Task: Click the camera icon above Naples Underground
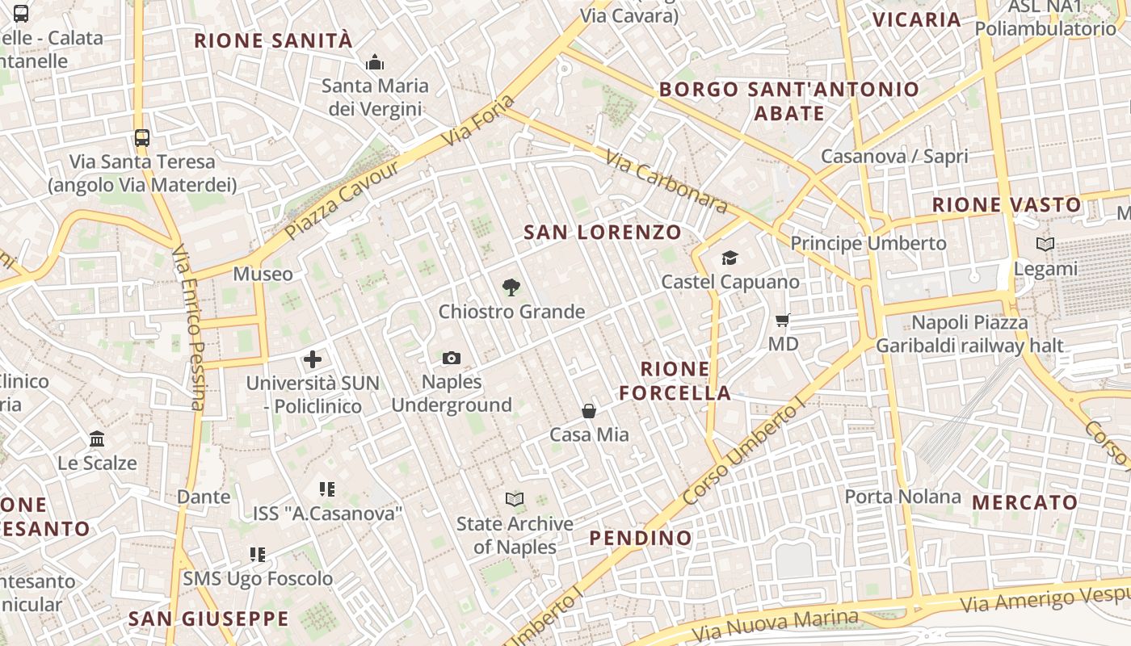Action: [452, 358]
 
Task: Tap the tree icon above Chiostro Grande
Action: [511, 287]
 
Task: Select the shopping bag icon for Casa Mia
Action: [589, 411]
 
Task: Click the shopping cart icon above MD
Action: [782, 321]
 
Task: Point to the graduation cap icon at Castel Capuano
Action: [729, 258]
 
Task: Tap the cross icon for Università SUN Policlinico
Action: [313, 359]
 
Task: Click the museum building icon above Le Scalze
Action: [97, 439]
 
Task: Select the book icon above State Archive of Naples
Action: [515, 499]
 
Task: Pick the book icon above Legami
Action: [1045, 244]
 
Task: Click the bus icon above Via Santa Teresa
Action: [142, 137]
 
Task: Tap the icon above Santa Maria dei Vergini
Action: [375, 62]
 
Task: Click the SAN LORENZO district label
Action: [603, 233]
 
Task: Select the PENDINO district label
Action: [641, 539]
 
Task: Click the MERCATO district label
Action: [1024, 502]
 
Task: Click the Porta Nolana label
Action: [902, 496]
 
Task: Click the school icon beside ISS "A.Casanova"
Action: [327, 489]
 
